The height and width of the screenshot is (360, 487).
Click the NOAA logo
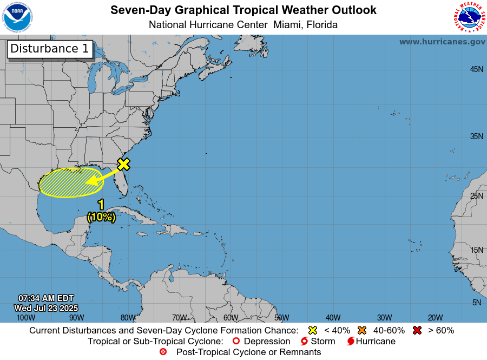pyautogui.click(x=17, y=17)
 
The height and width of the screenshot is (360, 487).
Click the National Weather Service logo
pyautogui.click(x=468, y=17)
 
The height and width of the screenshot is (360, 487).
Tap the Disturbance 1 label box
pyautogui.click(x=50, y=48)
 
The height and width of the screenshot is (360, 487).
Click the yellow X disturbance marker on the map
pyautogui.click(x=123, y=163)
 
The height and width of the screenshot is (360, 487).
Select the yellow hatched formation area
pyautogui.click(x=65, y=183)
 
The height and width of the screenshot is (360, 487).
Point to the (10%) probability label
pyautogui.click(x=101, y=217)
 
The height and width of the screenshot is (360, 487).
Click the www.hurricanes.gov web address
pyautogui.click(x=442, y=42)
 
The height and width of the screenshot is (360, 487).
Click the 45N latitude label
pyautogui.click(x=476, y=69)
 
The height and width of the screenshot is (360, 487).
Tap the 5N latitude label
pyautogui.click(x=476, y=303)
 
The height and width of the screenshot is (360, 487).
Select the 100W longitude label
pyautogui.click(x=25, y=318)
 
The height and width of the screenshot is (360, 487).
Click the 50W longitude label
pyautogui.click(x=281, y=318)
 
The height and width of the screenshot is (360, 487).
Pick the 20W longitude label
pyautogui.click(x=435, y=318)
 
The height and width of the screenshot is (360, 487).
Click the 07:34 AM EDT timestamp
pyautogui.click(x=46, y=298)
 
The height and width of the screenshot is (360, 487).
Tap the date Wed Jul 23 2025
pyautogui.click(x=46, y=307)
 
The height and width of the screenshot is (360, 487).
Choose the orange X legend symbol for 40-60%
pyautogui.click(x=362, y=330)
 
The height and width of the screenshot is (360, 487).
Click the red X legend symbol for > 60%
pyautogui.click(x=417, y=330)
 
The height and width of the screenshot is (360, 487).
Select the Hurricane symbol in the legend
pyautogui.click(x=351, y=341)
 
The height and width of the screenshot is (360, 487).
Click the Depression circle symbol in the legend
pyautogui.click(x=235, y=341)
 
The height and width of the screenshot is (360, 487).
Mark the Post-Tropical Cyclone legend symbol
pyautogui.click(x=163, y=352)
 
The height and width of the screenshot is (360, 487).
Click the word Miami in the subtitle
pyautogui.click(x=288, y=25)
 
